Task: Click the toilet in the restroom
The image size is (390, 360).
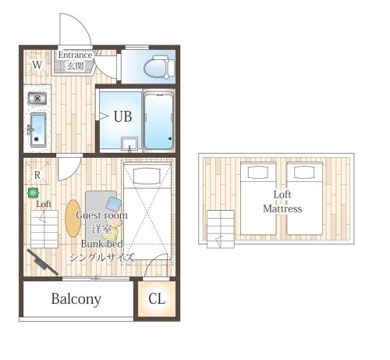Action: (159, 67)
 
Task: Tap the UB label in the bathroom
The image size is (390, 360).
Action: (122, 116)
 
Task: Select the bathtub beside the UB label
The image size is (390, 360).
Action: (159, 121)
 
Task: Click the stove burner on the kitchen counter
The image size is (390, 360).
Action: (37, 98)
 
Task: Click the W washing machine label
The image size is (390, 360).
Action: (37, 65)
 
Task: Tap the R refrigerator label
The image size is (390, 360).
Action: (37, 175)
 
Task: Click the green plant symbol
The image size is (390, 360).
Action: (34, 193)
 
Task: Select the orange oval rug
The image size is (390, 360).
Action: (73, 218)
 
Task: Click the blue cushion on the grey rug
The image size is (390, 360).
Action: (114, 204)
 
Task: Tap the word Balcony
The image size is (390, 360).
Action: (76, 299)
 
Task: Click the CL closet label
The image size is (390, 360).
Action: (157, 299)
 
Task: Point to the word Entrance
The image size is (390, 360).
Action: (75, 55)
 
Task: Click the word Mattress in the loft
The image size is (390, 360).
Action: (282, 209)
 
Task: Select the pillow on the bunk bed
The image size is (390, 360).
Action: (147, 176)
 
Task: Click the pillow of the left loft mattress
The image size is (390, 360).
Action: (258, 173)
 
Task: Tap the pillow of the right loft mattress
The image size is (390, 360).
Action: (304, 173)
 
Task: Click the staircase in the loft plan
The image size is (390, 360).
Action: (221, 229)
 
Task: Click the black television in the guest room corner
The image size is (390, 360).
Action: (43, 262)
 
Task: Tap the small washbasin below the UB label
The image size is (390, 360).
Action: (129, 144)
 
